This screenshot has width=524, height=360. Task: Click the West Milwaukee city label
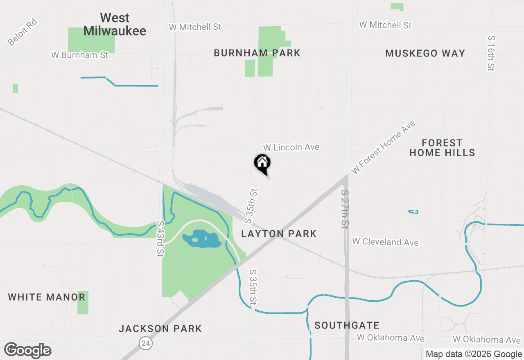(115, 24)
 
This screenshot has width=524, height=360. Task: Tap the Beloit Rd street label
(22, 32)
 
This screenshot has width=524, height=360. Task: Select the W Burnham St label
(80, 55)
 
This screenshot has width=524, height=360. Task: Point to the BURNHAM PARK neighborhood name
(257, 53)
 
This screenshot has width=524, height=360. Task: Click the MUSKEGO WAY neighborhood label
(425, 53)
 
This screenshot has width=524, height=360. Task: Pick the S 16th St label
(491, 53)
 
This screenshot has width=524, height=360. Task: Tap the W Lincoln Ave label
(291, 147)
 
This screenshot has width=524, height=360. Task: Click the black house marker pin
(262, 163)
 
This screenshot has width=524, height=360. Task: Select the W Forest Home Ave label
(383, 147)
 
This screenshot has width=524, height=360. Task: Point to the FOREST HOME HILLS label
(442, 148)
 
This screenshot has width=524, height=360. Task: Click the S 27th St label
(346, 209)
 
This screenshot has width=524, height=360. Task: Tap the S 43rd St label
(160, 239)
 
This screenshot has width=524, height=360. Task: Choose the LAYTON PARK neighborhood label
(279, 234)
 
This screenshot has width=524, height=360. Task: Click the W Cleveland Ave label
(385, 242)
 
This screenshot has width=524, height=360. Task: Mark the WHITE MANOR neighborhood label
(47, 297)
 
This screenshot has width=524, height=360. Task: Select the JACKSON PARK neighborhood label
(160, 328)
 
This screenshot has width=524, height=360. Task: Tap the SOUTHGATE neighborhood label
(347, 325)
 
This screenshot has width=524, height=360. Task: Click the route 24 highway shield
(146, 343)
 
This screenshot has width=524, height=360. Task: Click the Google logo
(28, 350)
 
